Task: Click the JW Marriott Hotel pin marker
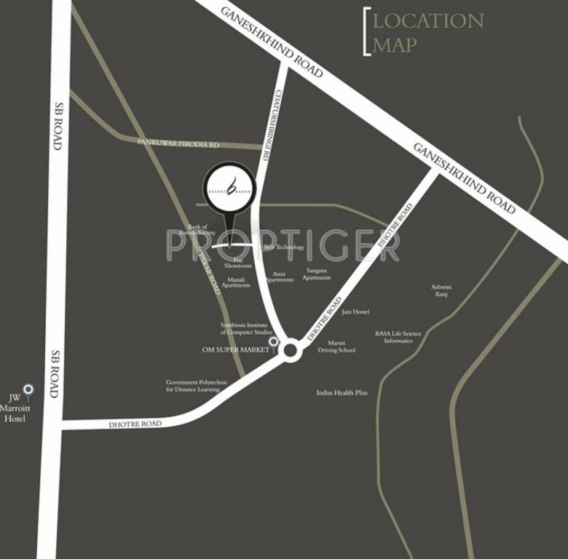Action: tap(28, 389)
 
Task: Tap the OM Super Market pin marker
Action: tap(274, 341)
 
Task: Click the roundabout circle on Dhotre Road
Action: tap(291, 351)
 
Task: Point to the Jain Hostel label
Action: tap(355, 312)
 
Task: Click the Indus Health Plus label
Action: tap(342, 393)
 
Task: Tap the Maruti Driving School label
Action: tap(336, 346)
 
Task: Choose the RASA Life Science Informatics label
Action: tap(398, 337)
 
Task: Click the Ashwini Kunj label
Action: tap(441, 290)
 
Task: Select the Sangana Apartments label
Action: tap(317, 274)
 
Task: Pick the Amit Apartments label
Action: tap(279, 277)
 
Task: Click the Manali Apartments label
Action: tap(236, 282)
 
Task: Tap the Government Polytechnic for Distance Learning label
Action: tap(197, 386)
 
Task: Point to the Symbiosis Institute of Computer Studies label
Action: tap(246, 328)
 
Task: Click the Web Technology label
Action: tap(284, 247)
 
